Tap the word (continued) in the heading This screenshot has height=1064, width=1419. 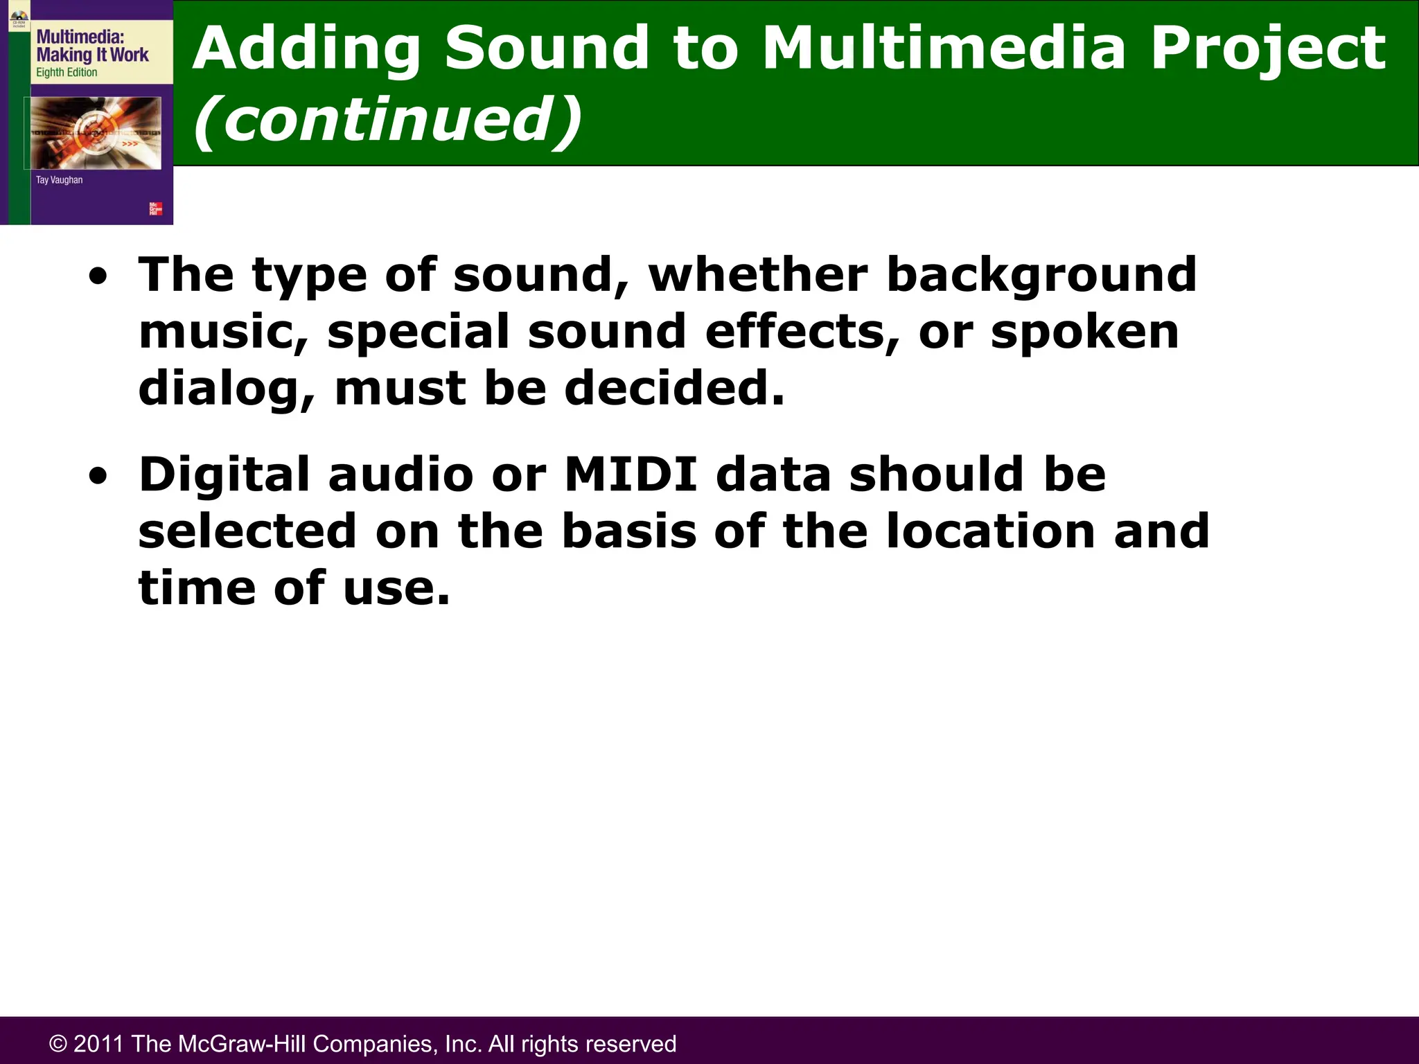388,119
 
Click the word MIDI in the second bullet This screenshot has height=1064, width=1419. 631,475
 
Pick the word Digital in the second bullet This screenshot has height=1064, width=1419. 224,476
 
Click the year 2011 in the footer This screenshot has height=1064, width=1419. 98,1043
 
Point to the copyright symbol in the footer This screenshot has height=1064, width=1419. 58,1044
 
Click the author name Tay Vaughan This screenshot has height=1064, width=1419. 59,180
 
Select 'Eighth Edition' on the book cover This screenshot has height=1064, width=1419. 67,73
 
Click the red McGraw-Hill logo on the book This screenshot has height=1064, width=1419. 155,209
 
